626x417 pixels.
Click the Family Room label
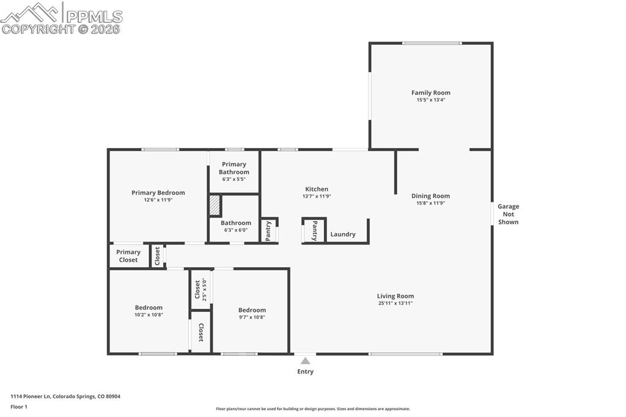click(430, 93)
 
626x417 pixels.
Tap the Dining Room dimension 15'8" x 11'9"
click(430, 203)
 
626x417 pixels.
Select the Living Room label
click(395, 296)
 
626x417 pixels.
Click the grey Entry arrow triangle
click(305, 361)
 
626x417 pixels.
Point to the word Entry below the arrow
click(305, 372)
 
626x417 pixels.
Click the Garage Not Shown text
click(508, 214)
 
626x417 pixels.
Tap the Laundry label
click(343, 234)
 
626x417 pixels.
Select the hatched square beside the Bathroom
click(215, 205)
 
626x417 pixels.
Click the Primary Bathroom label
click(234, 168)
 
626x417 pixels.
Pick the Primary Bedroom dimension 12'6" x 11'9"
click(158, 200)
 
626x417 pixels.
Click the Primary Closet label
click(128, 256)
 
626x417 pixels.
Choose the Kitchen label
click(317, 189)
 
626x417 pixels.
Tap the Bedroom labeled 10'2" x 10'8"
click(149, 311)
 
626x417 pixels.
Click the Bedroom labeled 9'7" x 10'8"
click(252, 313)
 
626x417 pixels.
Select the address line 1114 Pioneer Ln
click(65, 396)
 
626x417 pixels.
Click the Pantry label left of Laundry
click(315, 231)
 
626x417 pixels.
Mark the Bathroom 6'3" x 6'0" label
click(236, 226)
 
